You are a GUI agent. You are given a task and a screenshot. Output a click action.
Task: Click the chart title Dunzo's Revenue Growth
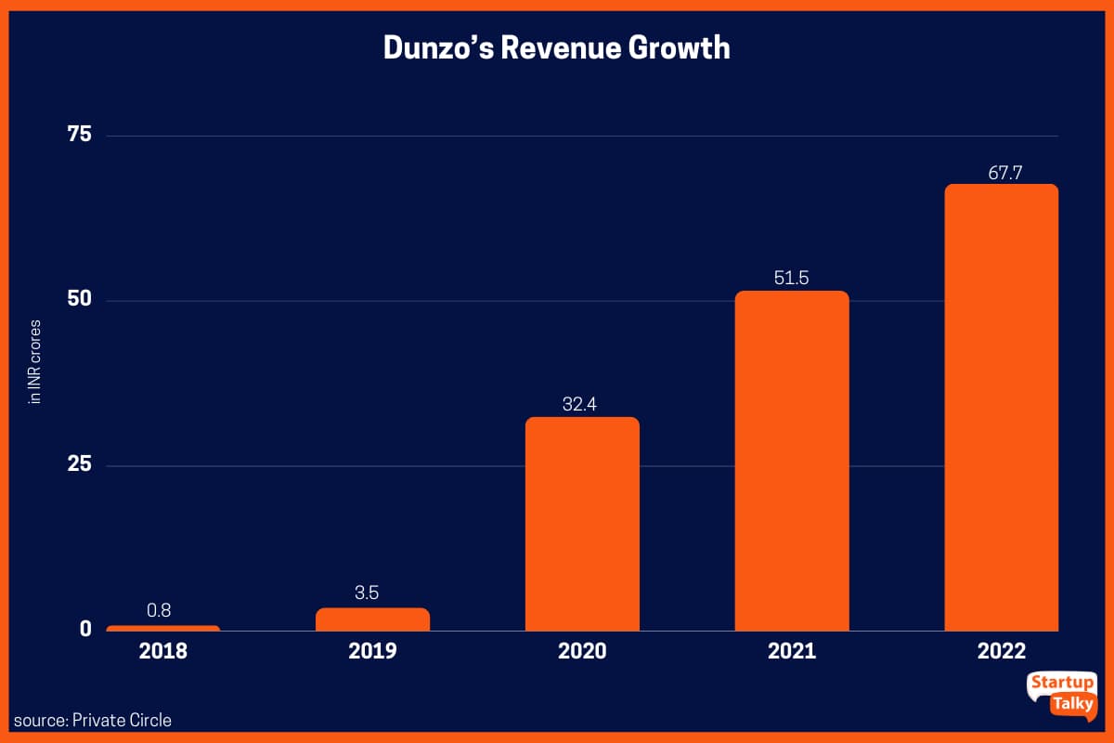(x=557, y=48)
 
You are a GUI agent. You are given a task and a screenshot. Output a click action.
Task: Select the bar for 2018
(x=163, y=629)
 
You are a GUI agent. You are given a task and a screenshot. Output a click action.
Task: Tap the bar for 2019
(x=372, y=619)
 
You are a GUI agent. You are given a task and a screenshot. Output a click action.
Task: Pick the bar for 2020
(x=582, y=525)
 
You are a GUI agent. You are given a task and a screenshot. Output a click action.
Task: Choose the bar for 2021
(x=792, y=462)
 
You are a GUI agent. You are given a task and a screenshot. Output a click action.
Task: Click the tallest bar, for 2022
(x=1001, y=409)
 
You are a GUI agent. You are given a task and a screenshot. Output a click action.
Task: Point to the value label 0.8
(x=159, y=611)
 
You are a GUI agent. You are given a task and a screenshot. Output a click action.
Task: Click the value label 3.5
(x=367, y=593)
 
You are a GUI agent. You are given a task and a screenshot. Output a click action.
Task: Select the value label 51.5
(x=792, y=278)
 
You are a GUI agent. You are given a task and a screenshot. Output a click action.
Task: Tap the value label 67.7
(x=1001, y=171)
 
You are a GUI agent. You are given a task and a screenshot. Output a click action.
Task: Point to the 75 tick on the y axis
(x=80, y=136)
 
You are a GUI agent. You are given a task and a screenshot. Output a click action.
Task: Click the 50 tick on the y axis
(x=79, y=300)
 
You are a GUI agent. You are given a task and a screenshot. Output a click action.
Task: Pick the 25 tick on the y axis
(x=79, y=464)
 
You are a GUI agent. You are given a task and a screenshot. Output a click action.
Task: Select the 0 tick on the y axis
(x=85, y=629)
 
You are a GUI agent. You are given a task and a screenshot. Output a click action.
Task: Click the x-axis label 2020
(x=582, y=651)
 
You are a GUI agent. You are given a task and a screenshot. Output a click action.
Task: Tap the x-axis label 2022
(x=1001, y=651)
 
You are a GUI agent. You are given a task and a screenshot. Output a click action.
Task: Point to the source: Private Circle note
(x=93, y=720)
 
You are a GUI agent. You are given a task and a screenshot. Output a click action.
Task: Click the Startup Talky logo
(x=1062, y=695)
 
